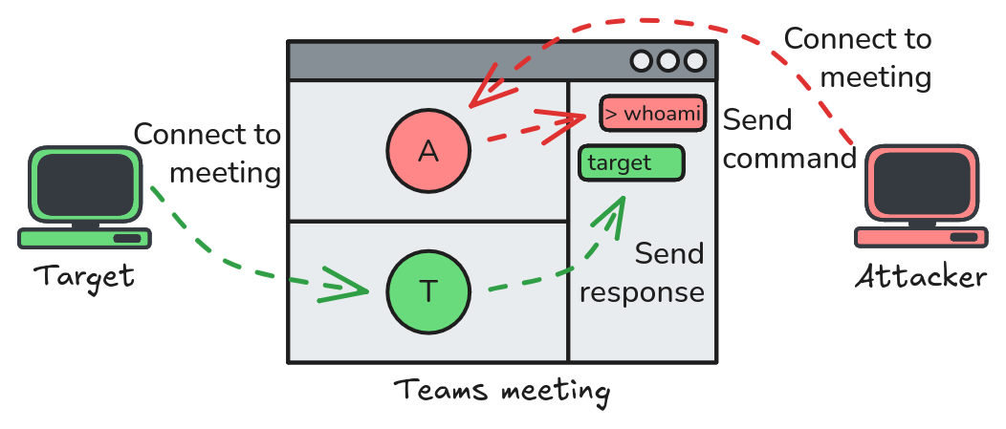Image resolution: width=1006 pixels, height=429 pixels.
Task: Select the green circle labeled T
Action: [428, 291]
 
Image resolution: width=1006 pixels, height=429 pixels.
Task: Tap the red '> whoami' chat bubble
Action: [652, 114]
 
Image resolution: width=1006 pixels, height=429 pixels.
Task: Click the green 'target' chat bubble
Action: [632, 163]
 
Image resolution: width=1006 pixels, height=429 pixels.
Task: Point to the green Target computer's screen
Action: [84, 185]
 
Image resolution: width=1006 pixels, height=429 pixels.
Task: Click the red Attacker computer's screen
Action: [923, 185]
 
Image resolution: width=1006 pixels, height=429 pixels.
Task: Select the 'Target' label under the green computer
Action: [84, 277]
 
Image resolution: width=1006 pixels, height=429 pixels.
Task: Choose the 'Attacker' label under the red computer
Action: [920, 277]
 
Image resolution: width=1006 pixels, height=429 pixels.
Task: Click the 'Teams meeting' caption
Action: [501, 391]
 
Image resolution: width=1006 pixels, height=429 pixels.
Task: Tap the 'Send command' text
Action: [788, 139]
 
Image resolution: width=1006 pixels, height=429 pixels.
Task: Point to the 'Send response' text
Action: [643, 273]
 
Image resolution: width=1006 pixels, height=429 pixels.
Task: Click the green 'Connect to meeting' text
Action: [208, 153]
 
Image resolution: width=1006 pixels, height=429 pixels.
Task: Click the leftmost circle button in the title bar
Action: [641, 61]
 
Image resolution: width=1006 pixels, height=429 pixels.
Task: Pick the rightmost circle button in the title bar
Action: [695, 61]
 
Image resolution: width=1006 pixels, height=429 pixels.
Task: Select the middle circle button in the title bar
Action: [667, 61]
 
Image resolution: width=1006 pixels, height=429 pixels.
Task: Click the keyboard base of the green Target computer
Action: [84, 238]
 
